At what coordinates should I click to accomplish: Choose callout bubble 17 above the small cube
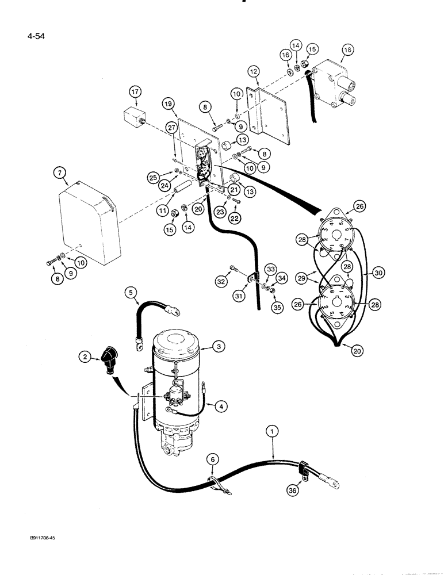pos(135,92)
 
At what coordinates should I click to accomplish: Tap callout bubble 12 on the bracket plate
pos(255,71)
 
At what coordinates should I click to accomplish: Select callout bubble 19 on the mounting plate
pos(152,105)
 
